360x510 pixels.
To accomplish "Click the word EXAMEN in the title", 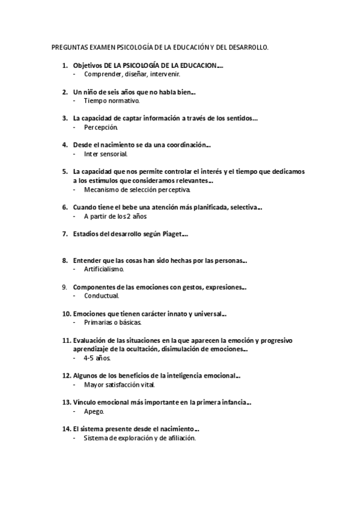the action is point(102,46).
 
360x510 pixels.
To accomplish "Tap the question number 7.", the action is point(64,234).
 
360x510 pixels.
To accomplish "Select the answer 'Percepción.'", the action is point(101,127).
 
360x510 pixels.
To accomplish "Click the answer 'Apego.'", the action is point(94,411).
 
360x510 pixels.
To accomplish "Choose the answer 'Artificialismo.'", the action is point(104,269).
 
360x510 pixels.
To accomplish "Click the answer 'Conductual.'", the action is point(102,296).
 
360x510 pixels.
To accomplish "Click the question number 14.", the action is point(66,429).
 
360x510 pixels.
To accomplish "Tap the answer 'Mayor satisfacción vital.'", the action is point(119,384).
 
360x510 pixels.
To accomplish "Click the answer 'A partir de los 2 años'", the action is point(115,216).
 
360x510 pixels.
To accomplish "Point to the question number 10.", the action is point(66,313).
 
